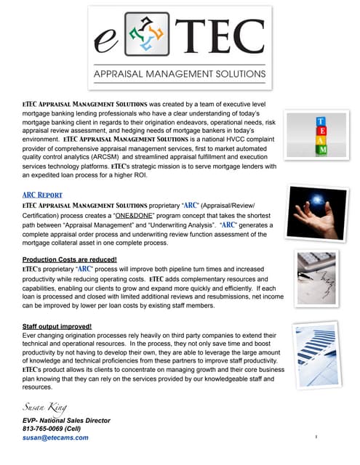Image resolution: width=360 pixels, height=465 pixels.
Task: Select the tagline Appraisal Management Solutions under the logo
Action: [180, 74]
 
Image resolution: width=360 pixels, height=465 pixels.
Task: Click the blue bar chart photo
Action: [317, 349]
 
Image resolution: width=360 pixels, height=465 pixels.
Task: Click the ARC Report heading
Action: [42, 195]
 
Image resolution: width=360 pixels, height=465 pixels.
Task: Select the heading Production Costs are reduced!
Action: [70, 259]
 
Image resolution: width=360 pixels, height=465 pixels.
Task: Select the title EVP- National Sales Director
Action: [65, 421]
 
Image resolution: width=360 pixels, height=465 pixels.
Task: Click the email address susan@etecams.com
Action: [55, 438]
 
